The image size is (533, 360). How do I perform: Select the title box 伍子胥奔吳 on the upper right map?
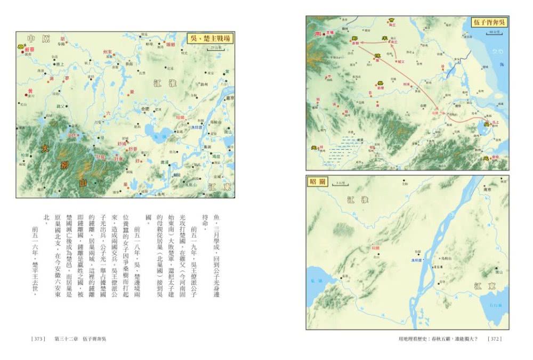489,22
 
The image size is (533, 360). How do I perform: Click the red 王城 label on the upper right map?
328,32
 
